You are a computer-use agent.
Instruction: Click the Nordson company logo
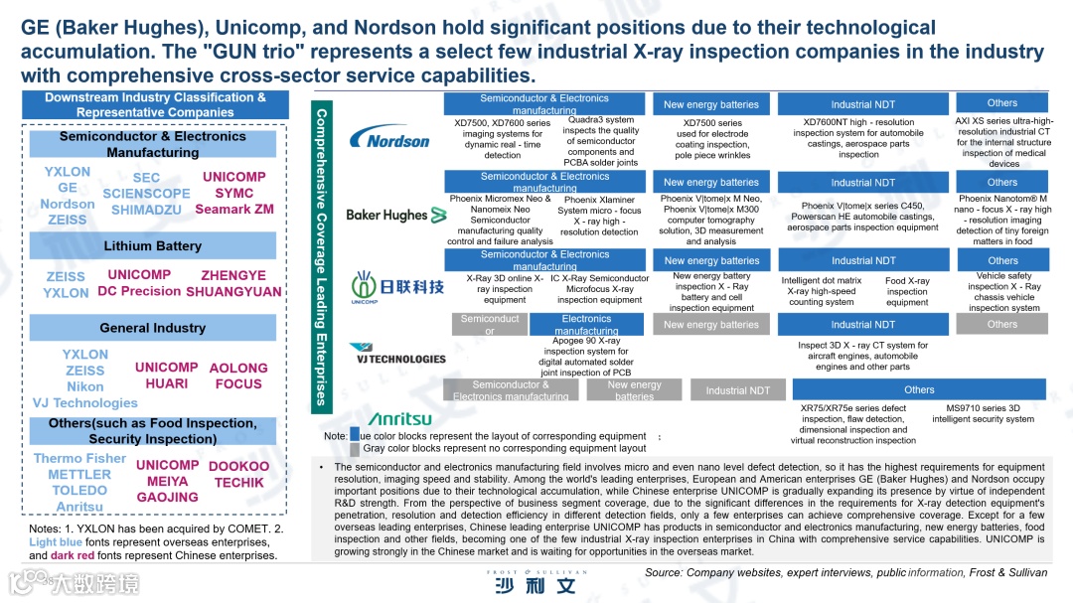(x=389, y=138)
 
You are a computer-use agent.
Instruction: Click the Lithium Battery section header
(x=153, y=245)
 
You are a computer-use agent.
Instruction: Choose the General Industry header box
(x=153, y=328)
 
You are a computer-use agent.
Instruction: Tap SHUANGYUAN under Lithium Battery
(x=233, y=292)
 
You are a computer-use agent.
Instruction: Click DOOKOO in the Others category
(x=238, y=466)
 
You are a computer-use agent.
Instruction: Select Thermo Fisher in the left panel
(x=79, y=459)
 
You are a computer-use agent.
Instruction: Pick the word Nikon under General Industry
(x=85, y=386)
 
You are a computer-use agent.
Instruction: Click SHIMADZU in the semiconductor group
(x=146, y=210)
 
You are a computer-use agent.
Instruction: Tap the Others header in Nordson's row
(x=1001, y=103)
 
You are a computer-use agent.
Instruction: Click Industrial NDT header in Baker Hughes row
(x=862, y=183)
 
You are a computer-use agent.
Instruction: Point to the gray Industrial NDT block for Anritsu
(x=737, y=390)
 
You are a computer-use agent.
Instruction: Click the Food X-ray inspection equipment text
(x=906, y=292)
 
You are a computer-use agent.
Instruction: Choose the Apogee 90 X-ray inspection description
(x=586, y=357)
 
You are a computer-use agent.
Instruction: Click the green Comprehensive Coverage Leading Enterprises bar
(x=321, y=258)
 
